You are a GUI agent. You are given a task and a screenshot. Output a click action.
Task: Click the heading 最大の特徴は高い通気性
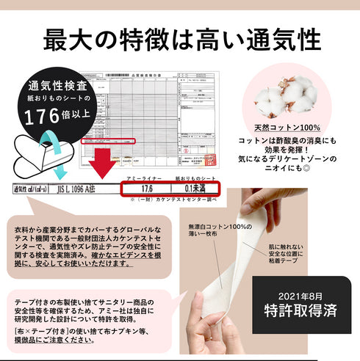180,39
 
